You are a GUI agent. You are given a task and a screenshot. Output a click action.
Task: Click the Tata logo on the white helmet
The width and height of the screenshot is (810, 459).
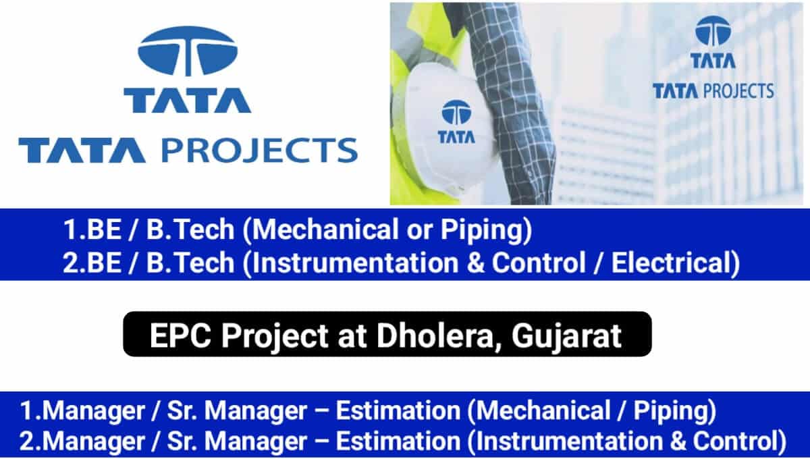tap(456, 122)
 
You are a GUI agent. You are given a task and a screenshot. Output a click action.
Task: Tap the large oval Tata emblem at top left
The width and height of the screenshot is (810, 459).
tap(188, 51)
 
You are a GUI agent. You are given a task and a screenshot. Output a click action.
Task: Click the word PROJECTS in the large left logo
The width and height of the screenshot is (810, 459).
tap(260, 150)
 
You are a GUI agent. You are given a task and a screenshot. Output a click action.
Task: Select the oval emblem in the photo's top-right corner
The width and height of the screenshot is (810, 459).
tap(713, 31)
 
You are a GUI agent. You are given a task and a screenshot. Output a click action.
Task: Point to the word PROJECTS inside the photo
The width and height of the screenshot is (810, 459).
tap(738, 90)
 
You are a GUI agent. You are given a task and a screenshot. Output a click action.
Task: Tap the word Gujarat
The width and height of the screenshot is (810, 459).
tap(566, 337)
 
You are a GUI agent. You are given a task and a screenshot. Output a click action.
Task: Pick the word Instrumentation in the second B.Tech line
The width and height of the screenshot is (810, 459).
tap(356, 263)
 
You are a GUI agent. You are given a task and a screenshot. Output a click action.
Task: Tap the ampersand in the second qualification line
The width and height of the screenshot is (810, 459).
tap(475, 263)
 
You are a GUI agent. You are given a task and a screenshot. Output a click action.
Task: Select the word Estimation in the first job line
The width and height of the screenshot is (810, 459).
tap(398, 411)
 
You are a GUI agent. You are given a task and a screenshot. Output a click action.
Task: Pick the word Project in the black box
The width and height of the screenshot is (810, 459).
tap(275, 337)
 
